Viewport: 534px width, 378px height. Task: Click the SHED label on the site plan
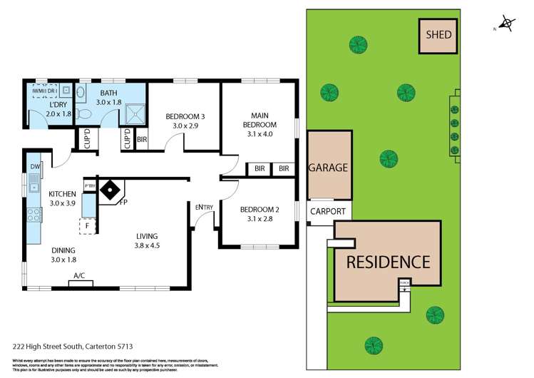tap(438, 34)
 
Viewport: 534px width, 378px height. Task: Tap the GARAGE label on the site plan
tap(328, 168)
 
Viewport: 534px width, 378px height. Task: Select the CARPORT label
tap(329, 212)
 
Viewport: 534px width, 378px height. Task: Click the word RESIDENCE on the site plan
tap(388, 262)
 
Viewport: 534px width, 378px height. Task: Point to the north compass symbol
tap(508, 24)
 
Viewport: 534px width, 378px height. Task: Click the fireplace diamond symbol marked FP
tap(111, 190)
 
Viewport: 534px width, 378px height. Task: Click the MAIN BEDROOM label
tap(259, 121)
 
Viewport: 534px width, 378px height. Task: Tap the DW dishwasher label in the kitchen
tap(35, 167)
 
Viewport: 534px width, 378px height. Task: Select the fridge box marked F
tap(87, 226)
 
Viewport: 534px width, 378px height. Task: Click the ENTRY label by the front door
tap(204, 208)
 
